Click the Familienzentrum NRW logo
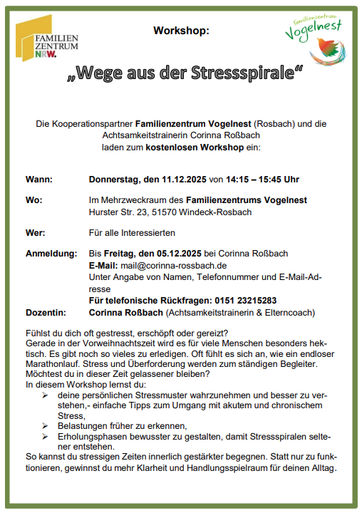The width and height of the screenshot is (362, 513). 48,40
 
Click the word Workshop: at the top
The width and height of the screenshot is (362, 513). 181,31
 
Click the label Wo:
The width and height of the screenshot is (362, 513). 33,200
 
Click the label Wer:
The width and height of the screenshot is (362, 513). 36,233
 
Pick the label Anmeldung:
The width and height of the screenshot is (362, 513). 51,254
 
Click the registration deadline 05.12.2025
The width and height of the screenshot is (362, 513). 175,254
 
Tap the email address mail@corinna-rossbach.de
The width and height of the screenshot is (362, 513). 172,265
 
